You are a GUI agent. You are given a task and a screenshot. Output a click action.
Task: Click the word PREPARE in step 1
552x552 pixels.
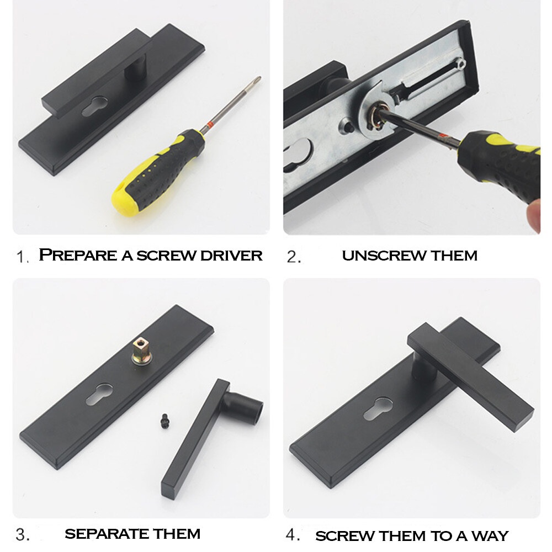coord(78,255)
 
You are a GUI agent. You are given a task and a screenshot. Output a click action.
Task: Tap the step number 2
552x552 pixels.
coord(293,257)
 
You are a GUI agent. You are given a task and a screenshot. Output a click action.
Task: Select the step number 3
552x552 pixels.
coord(22,535)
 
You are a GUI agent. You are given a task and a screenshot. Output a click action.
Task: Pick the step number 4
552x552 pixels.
coord(293,535)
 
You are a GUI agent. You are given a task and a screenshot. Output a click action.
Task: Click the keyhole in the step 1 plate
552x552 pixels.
coord(95,107)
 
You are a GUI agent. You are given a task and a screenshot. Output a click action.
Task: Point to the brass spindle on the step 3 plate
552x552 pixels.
coord(141,351)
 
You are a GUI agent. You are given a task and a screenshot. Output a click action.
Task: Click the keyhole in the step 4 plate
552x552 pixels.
coord(379,408)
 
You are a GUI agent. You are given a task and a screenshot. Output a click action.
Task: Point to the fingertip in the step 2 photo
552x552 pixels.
coord(534,215)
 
